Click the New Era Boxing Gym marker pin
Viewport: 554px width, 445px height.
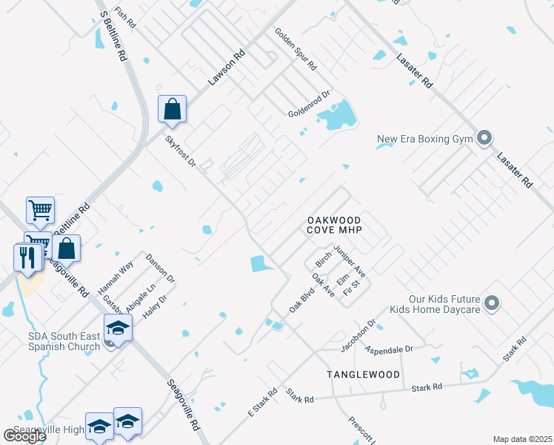click(485, 138)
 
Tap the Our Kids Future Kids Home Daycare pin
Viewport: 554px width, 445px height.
click(493, 303)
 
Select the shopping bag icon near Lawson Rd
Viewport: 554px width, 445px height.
click(172, 110)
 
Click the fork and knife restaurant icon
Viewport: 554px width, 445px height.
click(27, 257)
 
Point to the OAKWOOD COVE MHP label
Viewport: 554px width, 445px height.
click(333, 225)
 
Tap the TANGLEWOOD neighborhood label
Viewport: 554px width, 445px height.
click(364, 375)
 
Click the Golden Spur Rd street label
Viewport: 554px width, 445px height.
click(296, 49)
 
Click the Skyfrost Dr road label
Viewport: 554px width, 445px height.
click(180, 151)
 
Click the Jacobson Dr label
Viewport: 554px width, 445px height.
click(358, 335)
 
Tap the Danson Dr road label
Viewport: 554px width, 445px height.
click(160, 268)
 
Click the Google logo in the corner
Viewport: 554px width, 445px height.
click(24, 436)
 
